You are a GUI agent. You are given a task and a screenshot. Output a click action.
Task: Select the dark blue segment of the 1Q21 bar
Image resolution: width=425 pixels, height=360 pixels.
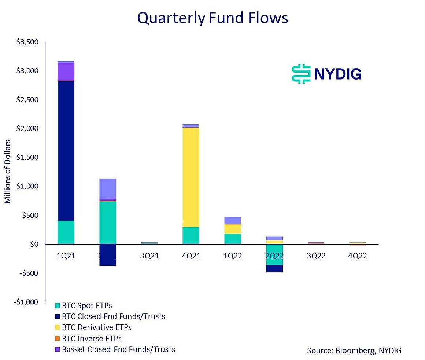pyautogui.click(x=66, y=150)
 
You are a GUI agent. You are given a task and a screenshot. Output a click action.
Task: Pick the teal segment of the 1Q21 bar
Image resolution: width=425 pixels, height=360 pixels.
pyautogui.click(x=66, y=232)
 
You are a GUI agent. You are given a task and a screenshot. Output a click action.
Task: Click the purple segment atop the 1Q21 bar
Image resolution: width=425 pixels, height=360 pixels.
pyautogui.click(x=66, y=71)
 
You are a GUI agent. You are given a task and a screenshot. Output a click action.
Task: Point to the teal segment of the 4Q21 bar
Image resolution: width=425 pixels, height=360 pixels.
pyautogui.click(x=191, y=235)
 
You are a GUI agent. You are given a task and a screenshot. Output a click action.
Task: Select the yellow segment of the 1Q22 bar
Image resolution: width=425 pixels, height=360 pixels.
pyautogui.click(x=233, y=229)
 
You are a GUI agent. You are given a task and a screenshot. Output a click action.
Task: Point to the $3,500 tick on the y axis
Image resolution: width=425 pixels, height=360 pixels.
pyautogui.click(x=27, y=42)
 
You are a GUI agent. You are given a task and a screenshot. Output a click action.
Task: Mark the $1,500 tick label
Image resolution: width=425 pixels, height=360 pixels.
pyautogui.click(x=27, y=158)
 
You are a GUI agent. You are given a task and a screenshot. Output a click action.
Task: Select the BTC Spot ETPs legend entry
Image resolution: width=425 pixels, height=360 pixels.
pyautogui.click(x=87, y=305)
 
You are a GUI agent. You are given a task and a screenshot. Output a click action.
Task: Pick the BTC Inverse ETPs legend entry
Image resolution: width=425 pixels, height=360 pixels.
pyautogui.click(x=92, y=338)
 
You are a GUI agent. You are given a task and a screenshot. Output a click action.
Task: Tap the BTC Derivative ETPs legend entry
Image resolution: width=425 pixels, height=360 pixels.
pyautogui.click(x=96, y=327)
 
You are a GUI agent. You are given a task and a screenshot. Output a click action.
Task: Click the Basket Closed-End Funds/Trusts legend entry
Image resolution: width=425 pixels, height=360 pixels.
pyautogui.click(x=118, y=349)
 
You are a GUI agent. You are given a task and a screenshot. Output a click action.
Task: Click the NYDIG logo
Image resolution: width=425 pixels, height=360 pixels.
pyautogui.click(x=326, y=74)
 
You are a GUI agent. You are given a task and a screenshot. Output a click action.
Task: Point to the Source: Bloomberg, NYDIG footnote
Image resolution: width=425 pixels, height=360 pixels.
pyautogui.click(x=354, y=351)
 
